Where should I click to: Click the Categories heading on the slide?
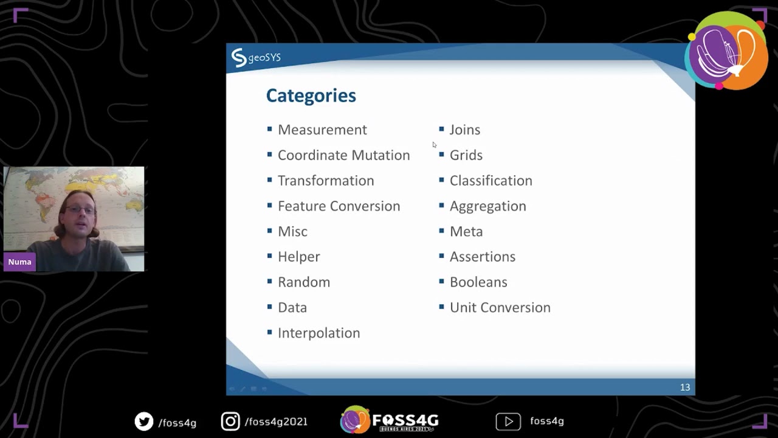pos(311,96)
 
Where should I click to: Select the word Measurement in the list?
pos(322,130)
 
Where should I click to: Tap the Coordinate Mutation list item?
pos(343,155)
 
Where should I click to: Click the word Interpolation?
pos(318,333)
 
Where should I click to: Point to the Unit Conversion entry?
pos(500,307)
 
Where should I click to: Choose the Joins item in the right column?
pos(464,130)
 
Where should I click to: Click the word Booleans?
pos(478,282)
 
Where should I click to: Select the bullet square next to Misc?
pos(269,231)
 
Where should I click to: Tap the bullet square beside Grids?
pos(441,155)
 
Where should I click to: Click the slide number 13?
pos(684,388)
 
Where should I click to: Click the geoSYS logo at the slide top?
pos(255,58)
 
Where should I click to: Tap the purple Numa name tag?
pos(19,262)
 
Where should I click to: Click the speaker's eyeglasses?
pos(80,210)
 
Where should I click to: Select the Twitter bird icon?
pos(144,421)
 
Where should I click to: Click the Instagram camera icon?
pos(230,421)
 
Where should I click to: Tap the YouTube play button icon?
pos(508,421)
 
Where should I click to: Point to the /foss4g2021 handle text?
pos(275,422)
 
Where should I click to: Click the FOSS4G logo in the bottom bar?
pos(389,420)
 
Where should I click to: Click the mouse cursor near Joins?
pos(434,144)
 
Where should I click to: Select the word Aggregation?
pos(487,206)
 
